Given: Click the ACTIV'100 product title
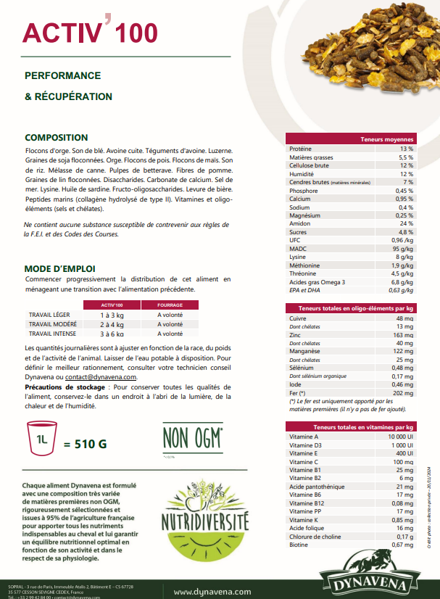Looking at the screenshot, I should click(89, 33).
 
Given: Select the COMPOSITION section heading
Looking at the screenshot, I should click(57, 137).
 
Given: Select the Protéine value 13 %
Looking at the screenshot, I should click(406, 148).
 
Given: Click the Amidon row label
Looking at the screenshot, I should click(300, 223).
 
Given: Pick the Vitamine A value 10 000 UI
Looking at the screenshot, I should click(399, 437).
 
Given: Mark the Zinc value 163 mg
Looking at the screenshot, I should click(404, 336).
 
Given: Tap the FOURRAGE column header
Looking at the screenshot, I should click(170, 305).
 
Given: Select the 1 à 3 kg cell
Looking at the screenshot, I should click(112, 315).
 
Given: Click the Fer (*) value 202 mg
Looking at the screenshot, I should click(404, 393).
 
